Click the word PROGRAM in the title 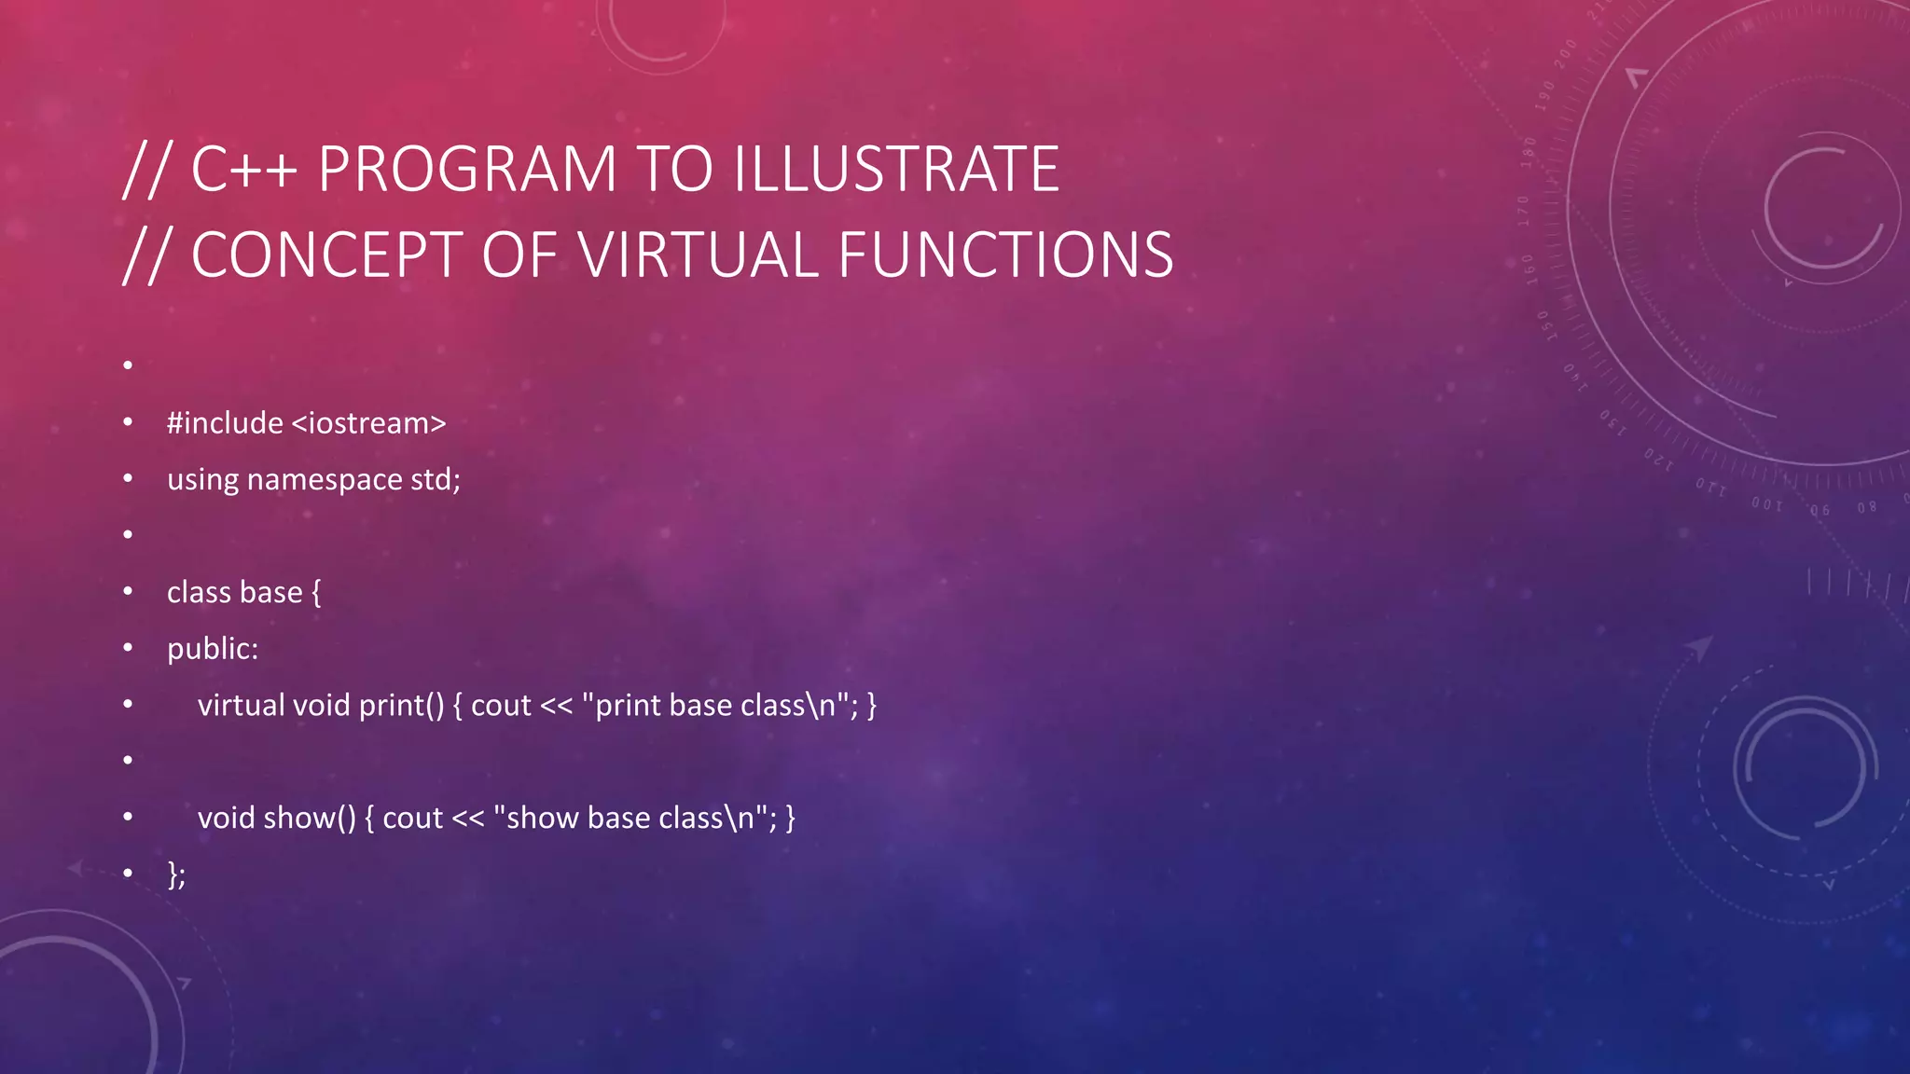pos(467,170)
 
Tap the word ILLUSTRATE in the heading pos(896,170)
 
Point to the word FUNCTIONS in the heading pos(1005,255)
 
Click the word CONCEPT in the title pos(326,255)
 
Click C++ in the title pos(244,170)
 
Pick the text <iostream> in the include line pos(368,423)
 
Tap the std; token pos(436,480)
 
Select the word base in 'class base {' pos(271,593)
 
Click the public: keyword pos(213,649)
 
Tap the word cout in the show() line pos(412,819)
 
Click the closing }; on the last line pos(176,874)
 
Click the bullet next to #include pos(128,423)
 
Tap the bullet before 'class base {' pos(128,592)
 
